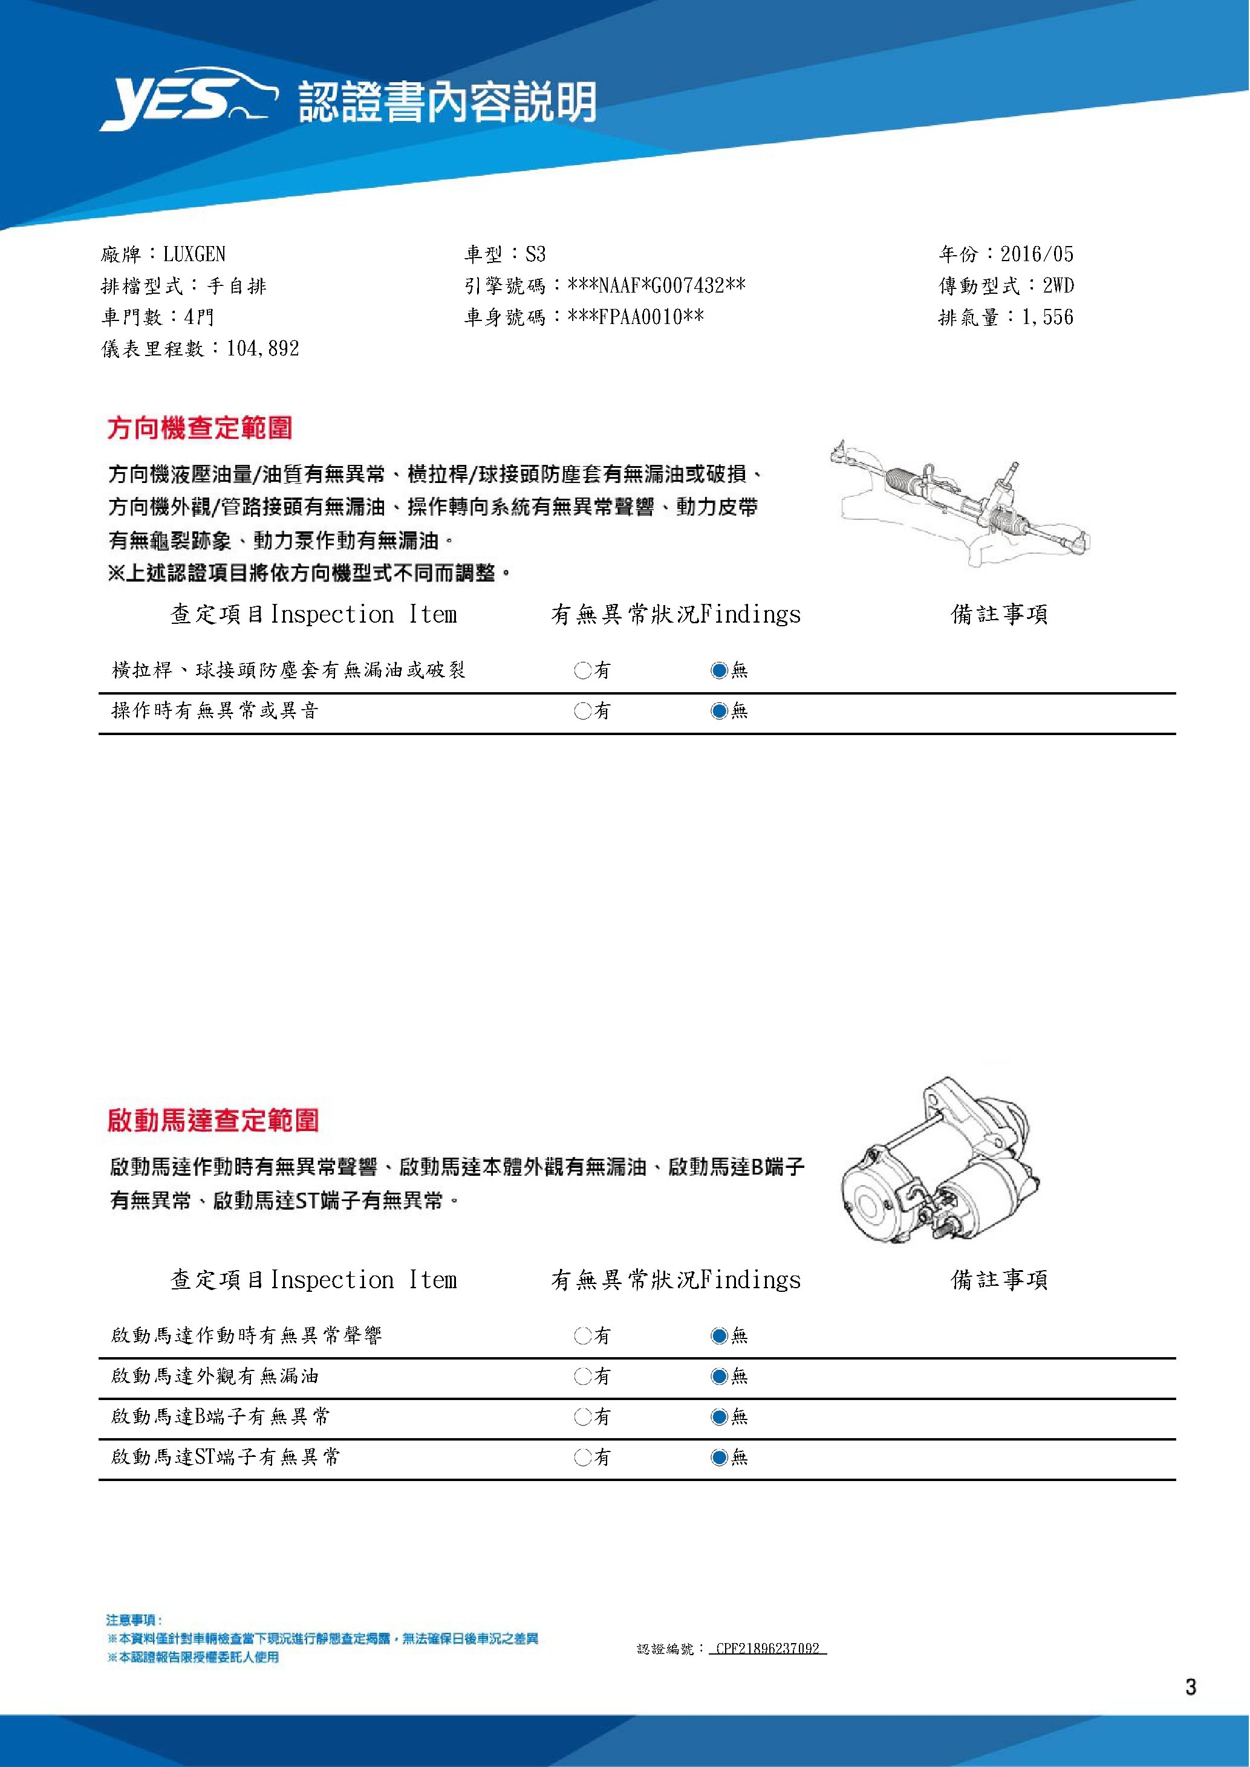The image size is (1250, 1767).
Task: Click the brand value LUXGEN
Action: (x=194, y=254)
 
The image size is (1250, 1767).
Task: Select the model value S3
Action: (x=535, y=254)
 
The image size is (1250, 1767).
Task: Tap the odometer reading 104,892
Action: (x=262, y=349)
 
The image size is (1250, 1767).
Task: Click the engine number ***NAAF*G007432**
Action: (x=656, y=285)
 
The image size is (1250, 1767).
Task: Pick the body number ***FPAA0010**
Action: (x=635, y=317)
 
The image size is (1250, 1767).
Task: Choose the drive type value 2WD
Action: (x=1058, y=285)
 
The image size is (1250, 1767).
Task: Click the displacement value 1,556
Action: (x=1047, y=317)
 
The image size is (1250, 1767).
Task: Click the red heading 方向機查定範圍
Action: (x=200, y=428)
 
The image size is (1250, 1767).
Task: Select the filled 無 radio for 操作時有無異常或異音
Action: (x=719, y=711)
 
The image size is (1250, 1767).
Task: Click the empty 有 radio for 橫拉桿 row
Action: (x=582, y=670)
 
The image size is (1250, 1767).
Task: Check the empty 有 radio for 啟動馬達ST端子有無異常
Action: (x=582, y=1457)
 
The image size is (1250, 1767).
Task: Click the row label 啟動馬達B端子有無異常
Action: (x=220, y=1416)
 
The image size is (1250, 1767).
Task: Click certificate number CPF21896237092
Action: (x=767, y=1649)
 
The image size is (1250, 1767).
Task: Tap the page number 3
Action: (x=1191, y=1687)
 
